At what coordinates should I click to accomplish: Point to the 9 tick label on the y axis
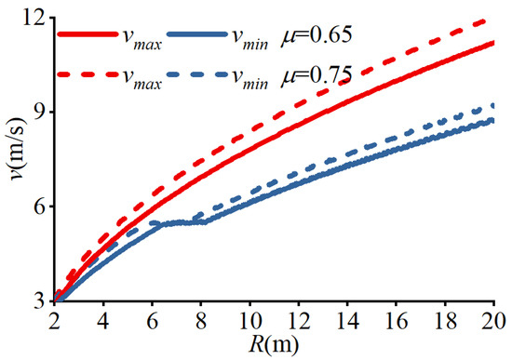[x=38, y=112]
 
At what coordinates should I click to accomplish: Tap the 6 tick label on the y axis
[x=38, y=207]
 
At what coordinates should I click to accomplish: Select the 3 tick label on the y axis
[x=38, y=300]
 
